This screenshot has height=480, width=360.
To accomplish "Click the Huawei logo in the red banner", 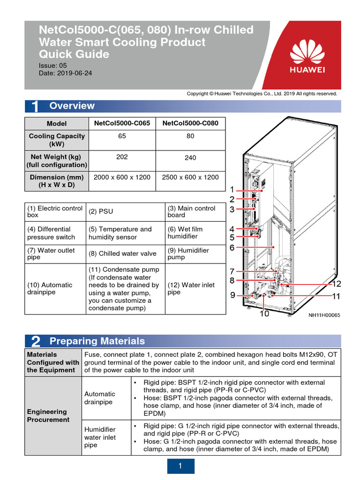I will coord(308,56).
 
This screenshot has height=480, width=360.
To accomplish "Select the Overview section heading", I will coord(72,106).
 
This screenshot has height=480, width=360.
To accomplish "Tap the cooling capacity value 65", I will coord(122,136).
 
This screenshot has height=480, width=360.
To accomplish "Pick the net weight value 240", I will coord(190,158).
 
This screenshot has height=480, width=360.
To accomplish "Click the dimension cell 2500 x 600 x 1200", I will coord(190,177).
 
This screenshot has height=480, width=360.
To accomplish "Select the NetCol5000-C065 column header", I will coord(122,123).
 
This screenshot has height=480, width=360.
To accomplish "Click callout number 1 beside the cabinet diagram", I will coord(232,189).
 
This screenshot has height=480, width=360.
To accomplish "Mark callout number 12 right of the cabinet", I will coord(337,284).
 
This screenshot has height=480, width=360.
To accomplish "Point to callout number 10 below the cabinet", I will coord(265,314).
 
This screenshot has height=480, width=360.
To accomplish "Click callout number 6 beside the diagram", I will coord(232,247).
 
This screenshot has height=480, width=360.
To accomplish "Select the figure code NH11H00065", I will coord(324,315).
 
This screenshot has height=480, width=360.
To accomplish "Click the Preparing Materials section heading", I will coord(97,341).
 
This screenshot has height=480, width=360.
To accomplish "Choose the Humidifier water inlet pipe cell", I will coord(100,437).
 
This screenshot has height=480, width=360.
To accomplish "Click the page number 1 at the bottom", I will coord(180,466).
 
